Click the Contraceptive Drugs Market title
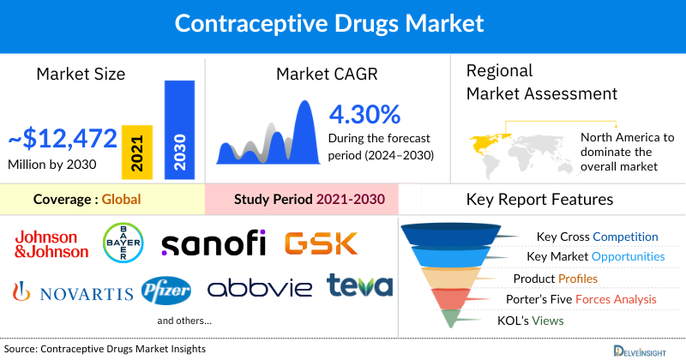pos(342,23)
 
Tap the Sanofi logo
pos(214,243)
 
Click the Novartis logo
pos(73,292)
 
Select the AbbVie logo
pos(260,288)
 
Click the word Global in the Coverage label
pos(121,200)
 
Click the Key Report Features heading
pos(539,200)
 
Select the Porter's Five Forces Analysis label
pos(585,299)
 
